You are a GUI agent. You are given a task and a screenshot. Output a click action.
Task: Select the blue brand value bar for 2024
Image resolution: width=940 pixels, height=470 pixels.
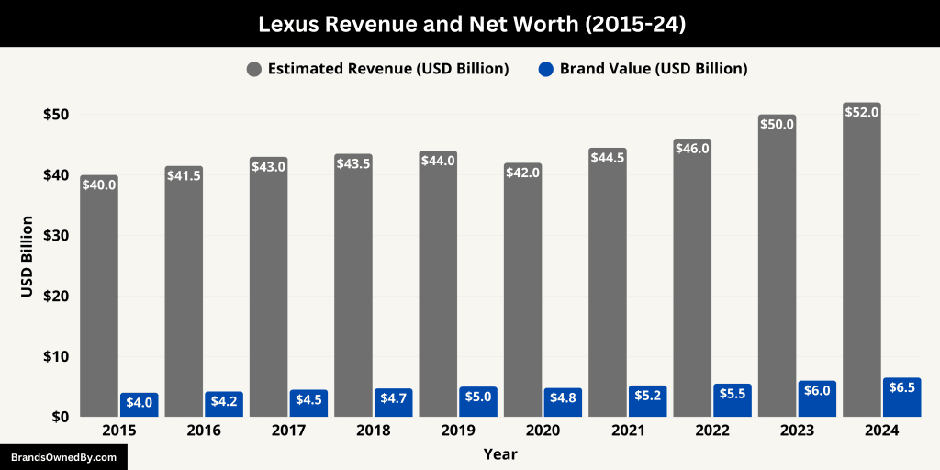(901, 398)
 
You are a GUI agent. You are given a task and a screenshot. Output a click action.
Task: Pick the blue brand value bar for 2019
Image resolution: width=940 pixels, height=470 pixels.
(478, 402)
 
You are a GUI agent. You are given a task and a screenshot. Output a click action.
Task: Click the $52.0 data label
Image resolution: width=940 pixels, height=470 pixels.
(862, 112)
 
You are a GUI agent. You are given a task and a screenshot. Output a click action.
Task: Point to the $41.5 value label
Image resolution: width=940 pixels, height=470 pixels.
(185, 175)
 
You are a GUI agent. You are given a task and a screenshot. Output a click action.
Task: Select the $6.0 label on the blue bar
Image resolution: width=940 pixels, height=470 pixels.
(817, 390)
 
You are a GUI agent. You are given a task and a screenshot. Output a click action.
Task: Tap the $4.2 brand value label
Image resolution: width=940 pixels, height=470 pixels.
(224, 401)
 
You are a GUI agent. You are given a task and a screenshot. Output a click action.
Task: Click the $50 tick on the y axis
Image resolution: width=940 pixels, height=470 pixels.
(55, 115)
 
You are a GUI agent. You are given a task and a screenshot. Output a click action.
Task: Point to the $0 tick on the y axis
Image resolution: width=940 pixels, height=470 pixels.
(61, 416)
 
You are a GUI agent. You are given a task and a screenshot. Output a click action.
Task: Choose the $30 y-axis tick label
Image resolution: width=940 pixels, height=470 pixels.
(55, 235)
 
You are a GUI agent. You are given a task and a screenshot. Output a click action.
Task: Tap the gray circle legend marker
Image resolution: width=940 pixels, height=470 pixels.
(253, 69)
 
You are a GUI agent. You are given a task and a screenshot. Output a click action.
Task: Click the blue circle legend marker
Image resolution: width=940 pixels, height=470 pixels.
(545, 69)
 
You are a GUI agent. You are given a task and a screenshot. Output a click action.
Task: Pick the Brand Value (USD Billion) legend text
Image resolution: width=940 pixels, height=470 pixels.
(654, 69)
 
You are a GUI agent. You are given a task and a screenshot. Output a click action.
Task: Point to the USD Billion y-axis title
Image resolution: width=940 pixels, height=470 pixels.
(28, 256)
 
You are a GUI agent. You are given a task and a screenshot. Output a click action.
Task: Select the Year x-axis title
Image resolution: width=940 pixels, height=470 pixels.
(500, 453)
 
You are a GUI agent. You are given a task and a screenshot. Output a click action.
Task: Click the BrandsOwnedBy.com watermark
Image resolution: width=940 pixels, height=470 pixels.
(63, 456)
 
